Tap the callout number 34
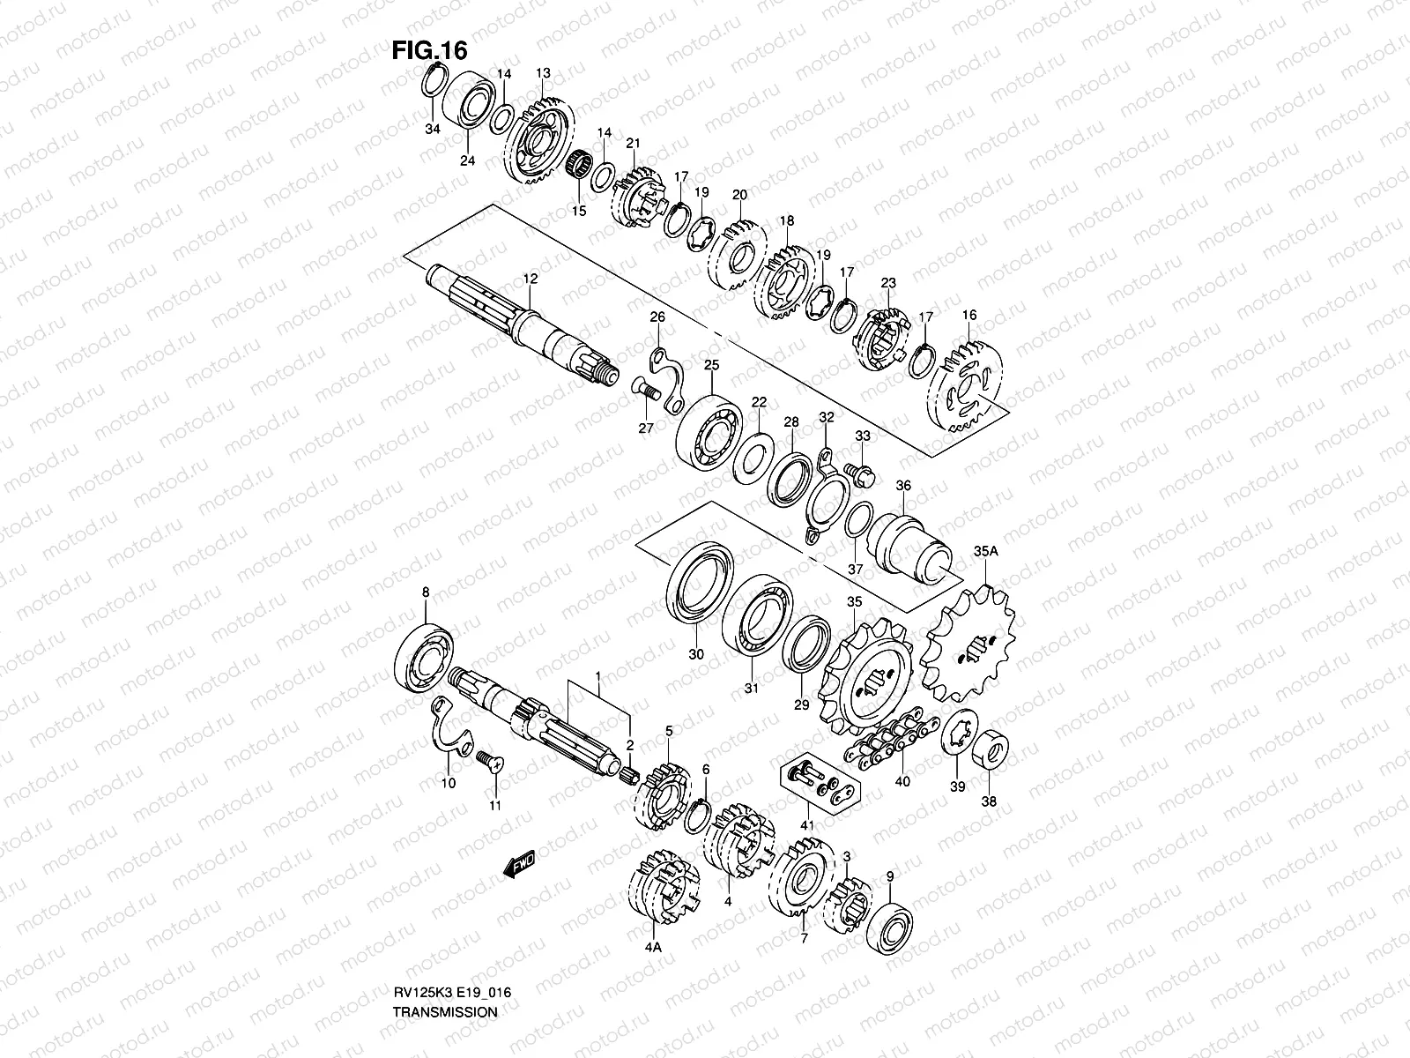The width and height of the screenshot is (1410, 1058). click(432, 130)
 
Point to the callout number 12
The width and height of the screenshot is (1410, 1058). click(530, 279)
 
